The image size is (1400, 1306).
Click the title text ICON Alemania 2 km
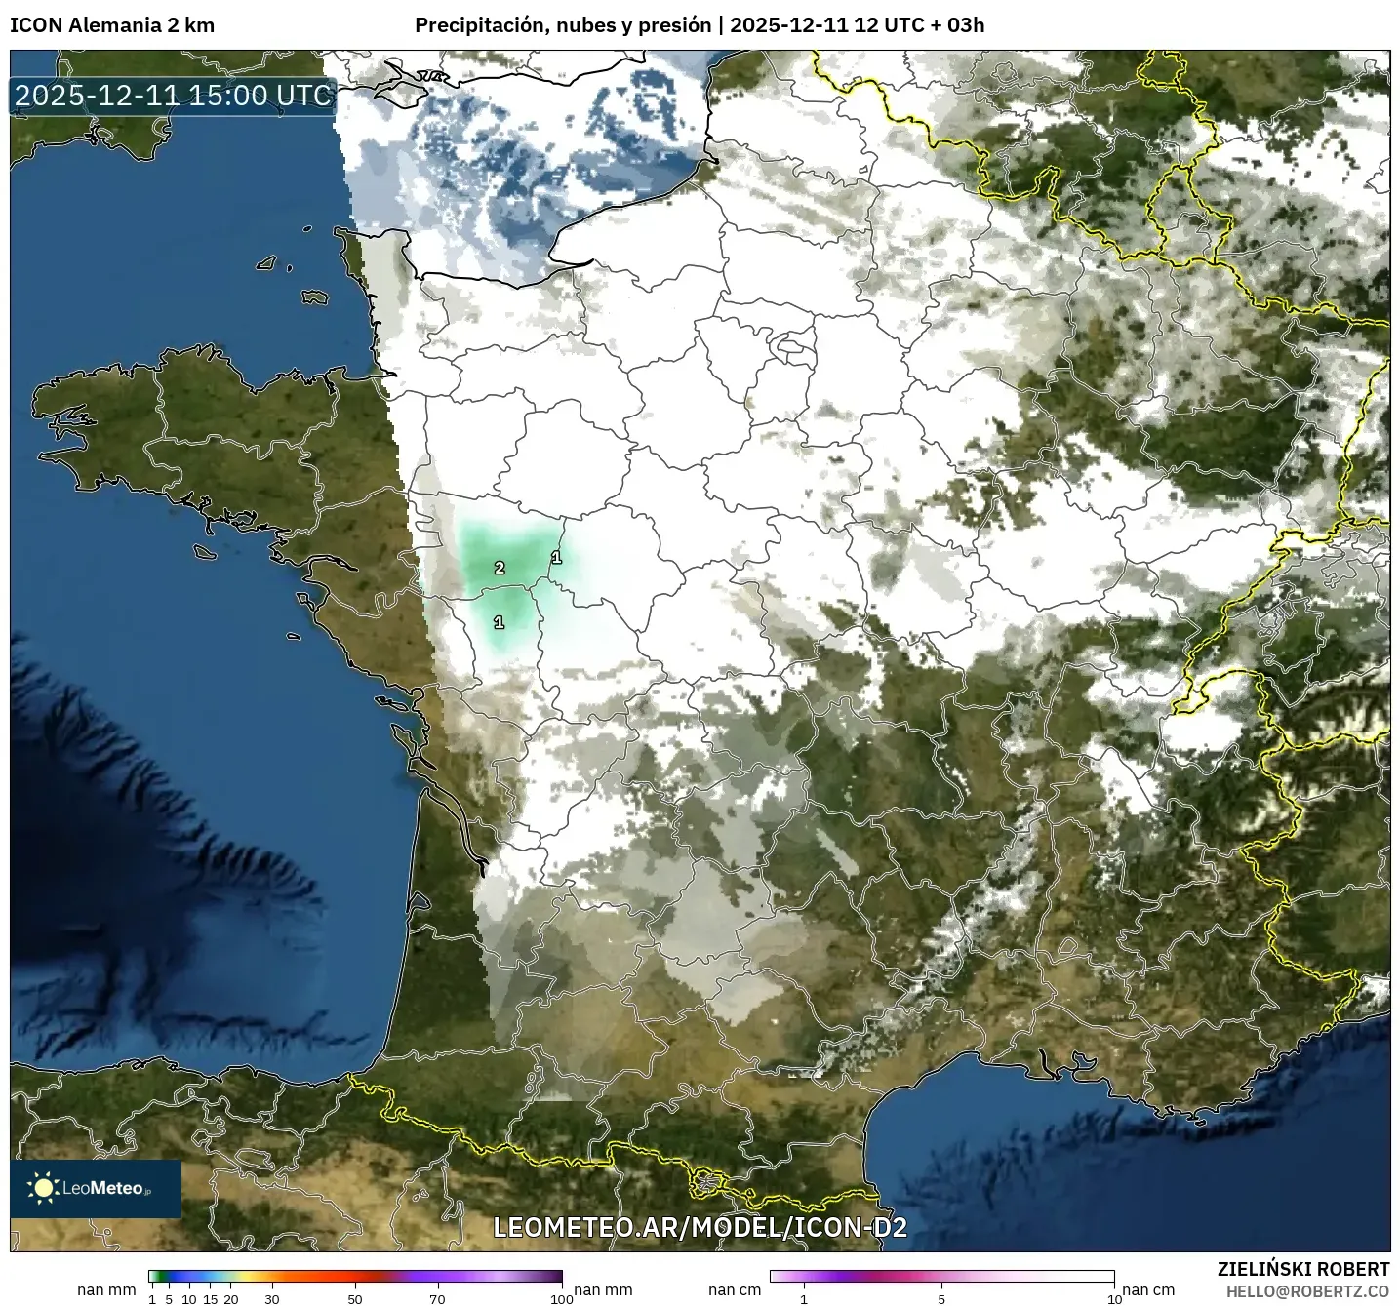[x=112, y=25]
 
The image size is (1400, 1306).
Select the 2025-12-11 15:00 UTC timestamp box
[x=174, y=96]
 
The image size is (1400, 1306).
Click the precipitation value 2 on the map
[x=500, y=568]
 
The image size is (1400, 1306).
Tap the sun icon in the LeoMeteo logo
[x=44, y=1187]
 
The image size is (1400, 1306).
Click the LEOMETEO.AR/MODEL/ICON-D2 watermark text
[x=700, y=1227]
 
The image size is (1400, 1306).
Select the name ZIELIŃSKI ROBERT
[x=1303, y=1269]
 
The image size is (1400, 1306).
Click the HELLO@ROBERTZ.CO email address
[x=1307, y=1291]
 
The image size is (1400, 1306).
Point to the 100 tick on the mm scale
[x=562, y=1298]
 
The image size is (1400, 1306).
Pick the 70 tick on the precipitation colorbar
[x=438, y=1298]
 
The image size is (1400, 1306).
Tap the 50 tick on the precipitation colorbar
[x=355, y=1298]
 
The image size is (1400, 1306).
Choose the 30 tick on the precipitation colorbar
[x=272, y=1298]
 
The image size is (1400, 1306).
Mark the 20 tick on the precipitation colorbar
[x=231, y=1298]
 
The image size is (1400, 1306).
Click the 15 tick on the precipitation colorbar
[x=210, y=1298]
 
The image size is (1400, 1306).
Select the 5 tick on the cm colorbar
[x=941, y=1298]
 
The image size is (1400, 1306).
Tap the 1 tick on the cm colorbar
[x=804, y=1298]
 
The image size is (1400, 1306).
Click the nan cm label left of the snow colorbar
[x=735, y=1290]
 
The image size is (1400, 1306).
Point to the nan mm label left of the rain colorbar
[x=106, y=1290]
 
